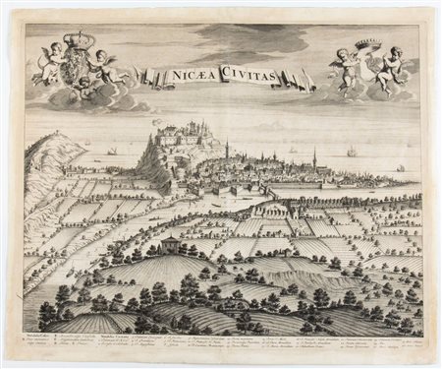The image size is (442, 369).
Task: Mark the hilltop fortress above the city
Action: (x=182, y=136)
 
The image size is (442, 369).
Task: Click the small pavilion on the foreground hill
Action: (x=168, y=244)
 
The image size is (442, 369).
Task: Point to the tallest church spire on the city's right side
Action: (x=313, y=156)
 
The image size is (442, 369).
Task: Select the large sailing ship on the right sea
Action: (x=351, y=152)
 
